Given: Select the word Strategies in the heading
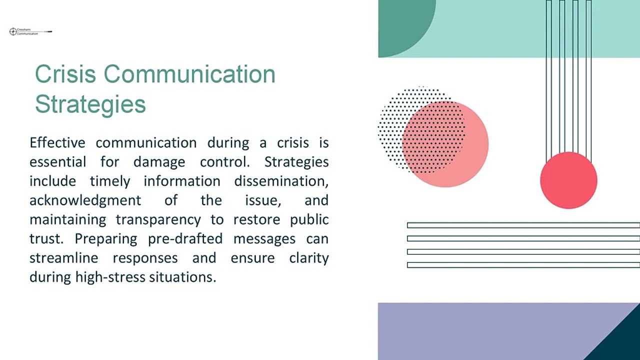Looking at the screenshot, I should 90,104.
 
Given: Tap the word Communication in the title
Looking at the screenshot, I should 189,74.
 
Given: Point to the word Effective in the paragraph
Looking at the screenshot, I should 57,142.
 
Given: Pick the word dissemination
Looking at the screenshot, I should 281,181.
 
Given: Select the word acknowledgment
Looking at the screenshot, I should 85,200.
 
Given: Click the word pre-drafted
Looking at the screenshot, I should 185,239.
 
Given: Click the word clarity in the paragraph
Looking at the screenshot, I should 309,258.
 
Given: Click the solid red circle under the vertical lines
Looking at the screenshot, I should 568,180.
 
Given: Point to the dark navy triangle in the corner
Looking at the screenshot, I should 620,342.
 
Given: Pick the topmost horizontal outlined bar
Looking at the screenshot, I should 523,225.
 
